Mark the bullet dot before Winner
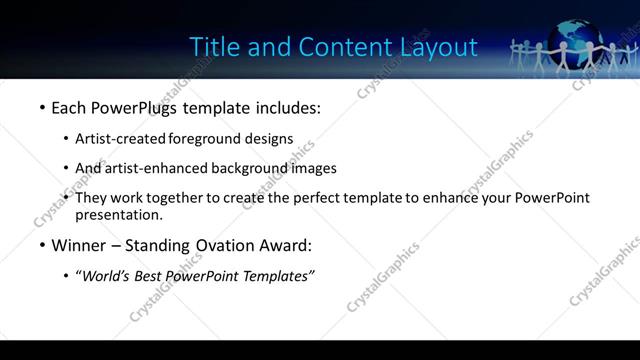42,245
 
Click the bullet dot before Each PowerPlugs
42,106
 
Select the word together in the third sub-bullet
174,198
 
